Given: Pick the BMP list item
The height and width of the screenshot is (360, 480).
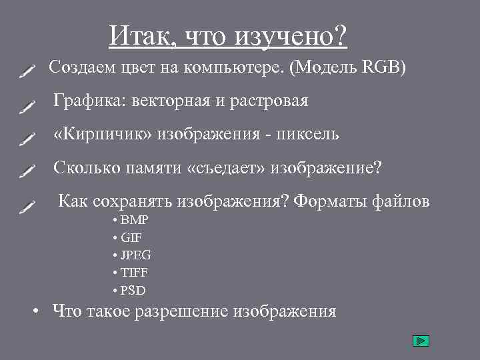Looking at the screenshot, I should (x=135, y=220).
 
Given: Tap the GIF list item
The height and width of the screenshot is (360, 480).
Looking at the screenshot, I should (x=131, y=237).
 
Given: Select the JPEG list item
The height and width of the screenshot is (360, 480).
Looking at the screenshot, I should (x=136, y=255).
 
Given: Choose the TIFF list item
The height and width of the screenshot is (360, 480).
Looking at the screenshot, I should (x=134, y=273).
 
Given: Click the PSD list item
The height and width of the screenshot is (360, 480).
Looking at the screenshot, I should (x=133, y=290).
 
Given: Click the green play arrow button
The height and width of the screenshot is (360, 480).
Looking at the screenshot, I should (x=420, y=341).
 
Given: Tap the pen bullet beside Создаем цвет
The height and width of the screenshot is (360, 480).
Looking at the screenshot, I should (x=27, y=70).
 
